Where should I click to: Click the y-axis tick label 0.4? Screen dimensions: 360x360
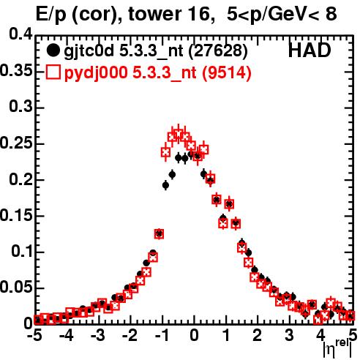(x=21, y=34)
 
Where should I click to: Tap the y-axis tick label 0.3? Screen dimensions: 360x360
(x=21, y=107)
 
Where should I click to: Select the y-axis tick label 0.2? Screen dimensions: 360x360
(x=21, y=179)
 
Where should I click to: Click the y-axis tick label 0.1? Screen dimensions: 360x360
(x=22, y=251)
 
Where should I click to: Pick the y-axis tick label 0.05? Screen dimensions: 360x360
(x=16, y=287)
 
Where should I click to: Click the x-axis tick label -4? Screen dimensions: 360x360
(x=67, y=336)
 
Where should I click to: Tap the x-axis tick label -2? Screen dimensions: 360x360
(x=130, y=336)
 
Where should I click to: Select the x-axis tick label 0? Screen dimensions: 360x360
(x=194, y=336)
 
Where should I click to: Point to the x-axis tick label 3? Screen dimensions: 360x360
(x=289, y=336)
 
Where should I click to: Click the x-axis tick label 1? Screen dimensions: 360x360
(x=226, y=336)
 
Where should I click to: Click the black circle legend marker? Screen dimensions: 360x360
(x=53, y=50)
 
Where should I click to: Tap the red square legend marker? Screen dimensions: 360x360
(x=53, y=72)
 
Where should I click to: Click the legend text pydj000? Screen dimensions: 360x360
(x=96, y=73)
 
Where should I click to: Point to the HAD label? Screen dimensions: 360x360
(x=310, y=50)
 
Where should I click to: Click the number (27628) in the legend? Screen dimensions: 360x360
(x=218, y=51)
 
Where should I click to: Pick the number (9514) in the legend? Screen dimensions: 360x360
(x=226, y=72)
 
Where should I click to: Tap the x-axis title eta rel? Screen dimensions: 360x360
(x=337, y=349)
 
